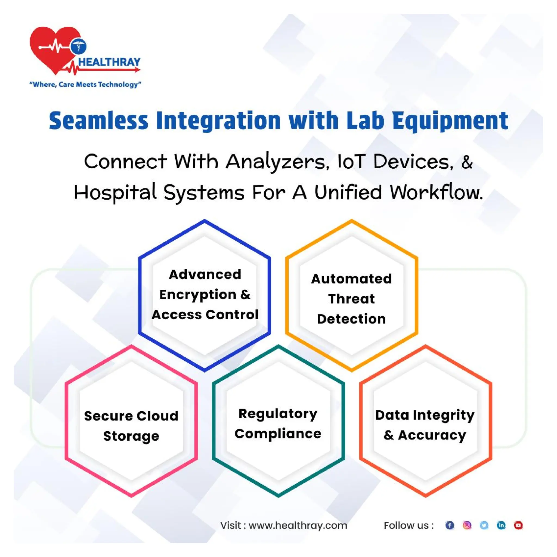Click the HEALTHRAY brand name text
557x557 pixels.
tap(109, 62)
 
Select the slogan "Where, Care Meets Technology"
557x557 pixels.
tap(85, 85)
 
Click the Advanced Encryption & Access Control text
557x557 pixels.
tap(205, 294)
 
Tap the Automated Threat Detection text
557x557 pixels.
tap(351, 299)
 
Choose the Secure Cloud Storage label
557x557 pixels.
tap(131, 426)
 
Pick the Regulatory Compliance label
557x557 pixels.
tap(278, 423)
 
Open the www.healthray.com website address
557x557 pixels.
tap(298, 525)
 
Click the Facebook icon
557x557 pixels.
tap(450, 525)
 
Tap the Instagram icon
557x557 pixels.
tap(467, 525)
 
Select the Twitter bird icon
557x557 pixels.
tap(484, 525)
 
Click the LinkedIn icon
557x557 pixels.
tap(501, 525)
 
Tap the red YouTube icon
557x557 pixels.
tap(518, 525)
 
